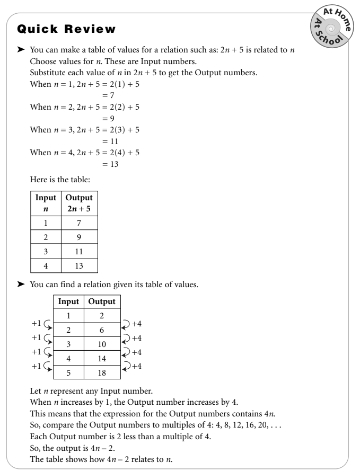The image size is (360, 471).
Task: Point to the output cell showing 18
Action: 102,372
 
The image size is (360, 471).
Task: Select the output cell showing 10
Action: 102,344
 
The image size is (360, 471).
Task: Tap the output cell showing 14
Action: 102,358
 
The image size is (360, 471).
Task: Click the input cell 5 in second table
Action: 68,372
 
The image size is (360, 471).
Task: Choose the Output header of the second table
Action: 102,303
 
